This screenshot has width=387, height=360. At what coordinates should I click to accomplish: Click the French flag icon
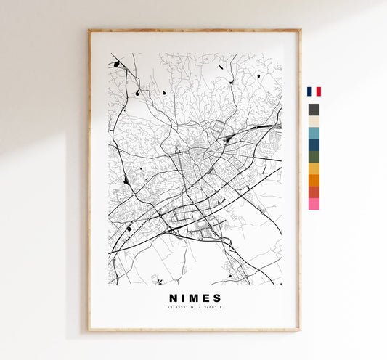coord(314,91)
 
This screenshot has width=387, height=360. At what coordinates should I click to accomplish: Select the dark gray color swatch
coord(314,110)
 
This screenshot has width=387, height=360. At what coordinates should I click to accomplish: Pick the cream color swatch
coord(314,121)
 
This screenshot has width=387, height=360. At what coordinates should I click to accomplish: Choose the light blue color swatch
coord(314,133)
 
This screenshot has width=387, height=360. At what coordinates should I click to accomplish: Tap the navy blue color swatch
coord(314,144)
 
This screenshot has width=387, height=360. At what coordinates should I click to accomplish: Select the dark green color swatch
coord(314,156)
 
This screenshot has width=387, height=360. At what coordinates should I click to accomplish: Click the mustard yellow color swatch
coord(314,168)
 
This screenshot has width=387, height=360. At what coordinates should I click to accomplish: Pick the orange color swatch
coord(314,180)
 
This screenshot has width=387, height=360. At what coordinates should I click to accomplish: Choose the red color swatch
coord(314,192)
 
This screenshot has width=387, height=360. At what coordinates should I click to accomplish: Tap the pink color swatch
coord(314,204)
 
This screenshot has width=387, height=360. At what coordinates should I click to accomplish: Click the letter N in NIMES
coord(174,298)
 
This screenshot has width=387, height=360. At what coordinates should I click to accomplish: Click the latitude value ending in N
coord(182,308)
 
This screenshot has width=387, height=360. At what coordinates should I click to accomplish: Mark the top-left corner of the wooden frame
coord(89,30)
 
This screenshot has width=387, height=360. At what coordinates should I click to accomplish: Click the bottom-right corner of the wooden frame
coord(300,331)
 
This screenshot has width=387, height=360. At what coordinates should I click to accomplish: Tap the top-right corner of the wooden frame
coord(300,30)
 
